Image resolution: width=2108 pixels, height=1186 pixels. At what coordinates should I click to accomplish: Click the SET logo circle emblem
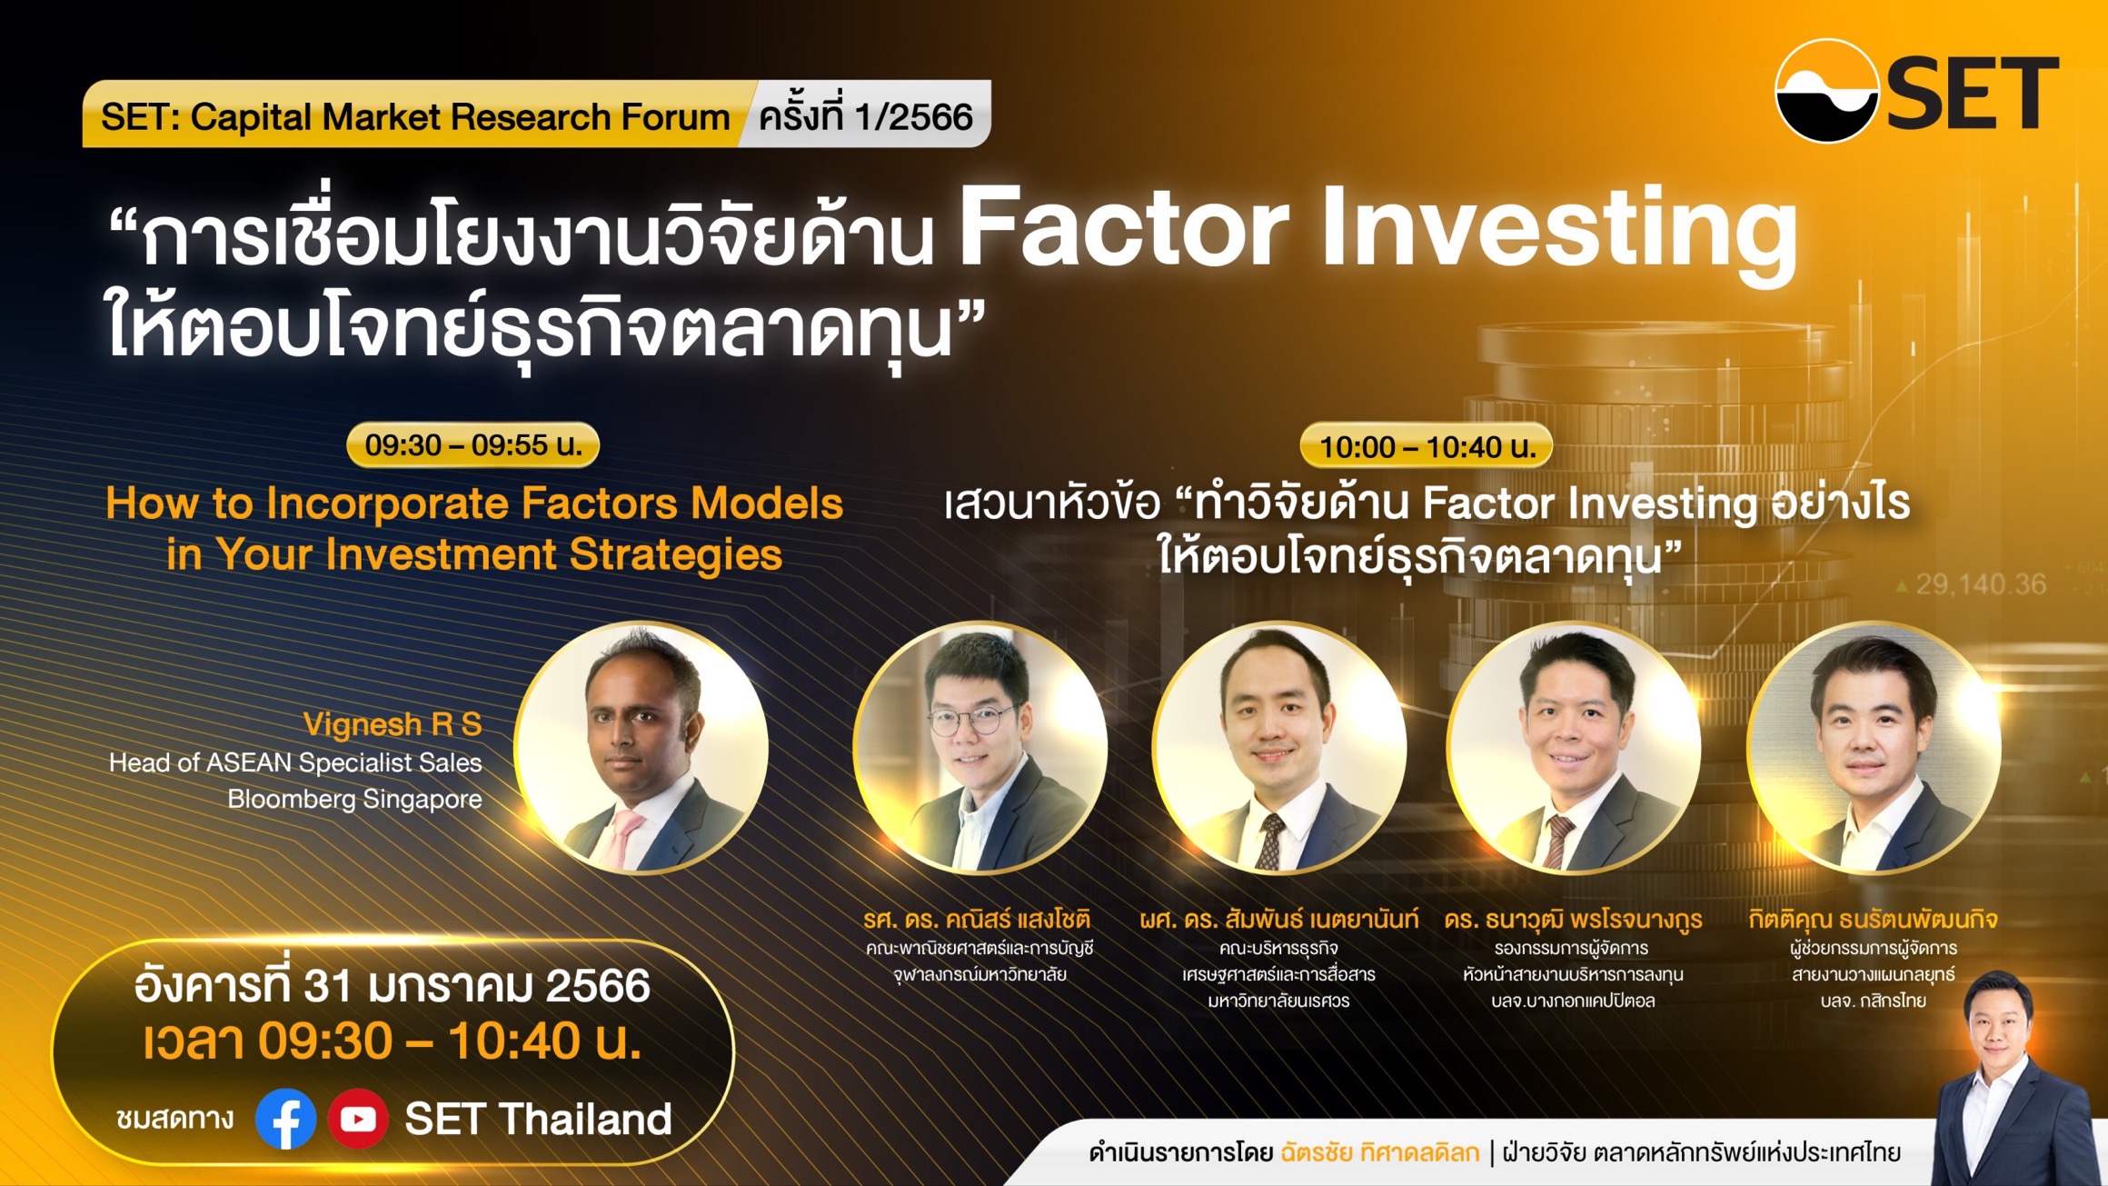click(x=1826, y=91)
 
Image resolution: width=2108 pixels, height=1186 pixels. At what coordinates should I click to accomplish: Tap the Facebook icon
click(x=286, y=1119)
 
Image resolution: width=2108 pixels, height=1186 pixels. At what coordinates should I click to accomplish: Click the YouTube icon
click(x=358, y=1119)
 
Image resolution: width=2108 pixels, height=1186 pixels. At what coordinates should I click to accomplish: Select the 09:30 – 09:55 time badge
click(x=473, y=445)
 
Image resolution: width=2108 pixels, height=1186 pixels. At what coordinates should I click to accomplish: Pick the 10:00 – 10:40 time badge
click(x=1427, y=446)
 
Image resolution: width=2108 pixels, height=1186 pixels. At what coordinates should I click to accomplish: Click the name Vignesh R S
click(x=393, y=724)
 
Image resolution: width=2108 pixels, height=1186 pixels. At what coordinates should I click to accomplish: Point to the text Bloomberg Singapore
click(x=354, y=799)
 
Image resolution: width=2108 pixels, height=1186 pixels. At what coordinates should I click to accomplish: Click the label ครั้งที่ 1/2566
click(x=865, y=116)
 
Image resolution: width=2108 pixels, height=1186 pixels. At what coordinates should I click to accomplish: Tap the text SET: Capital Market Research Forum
click(x=415, y=117)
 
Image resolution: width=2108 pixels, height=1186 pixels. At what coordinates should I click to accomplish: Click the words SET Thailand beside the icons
click(x=538, y=1119)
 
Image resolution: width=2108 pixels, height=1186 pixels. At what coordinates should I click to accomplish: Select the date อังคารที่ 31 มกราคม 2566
click(x=393, y=985)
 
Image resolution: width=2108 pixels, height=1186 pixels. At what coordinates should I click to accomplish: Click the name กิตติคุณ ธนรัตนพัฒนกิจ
click(x=1873, y=919)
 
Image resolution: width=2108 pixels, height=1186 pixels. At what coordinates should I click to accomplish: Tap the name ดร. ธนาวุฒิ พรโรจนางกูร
click(x=1573, y=919)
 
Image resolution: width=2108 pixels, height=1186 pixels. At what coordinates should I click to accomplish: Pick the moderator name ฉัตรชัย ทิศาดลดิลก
click(x=1379, y=1152)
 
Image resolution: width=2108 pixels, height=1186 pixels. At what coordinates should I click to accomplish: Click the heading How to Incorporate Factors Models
click(x=474, y=503)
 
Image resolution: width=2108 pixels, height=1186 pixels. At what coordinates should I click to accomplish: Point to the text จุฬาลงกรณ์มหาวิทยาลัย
click(x=979, y=974)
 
